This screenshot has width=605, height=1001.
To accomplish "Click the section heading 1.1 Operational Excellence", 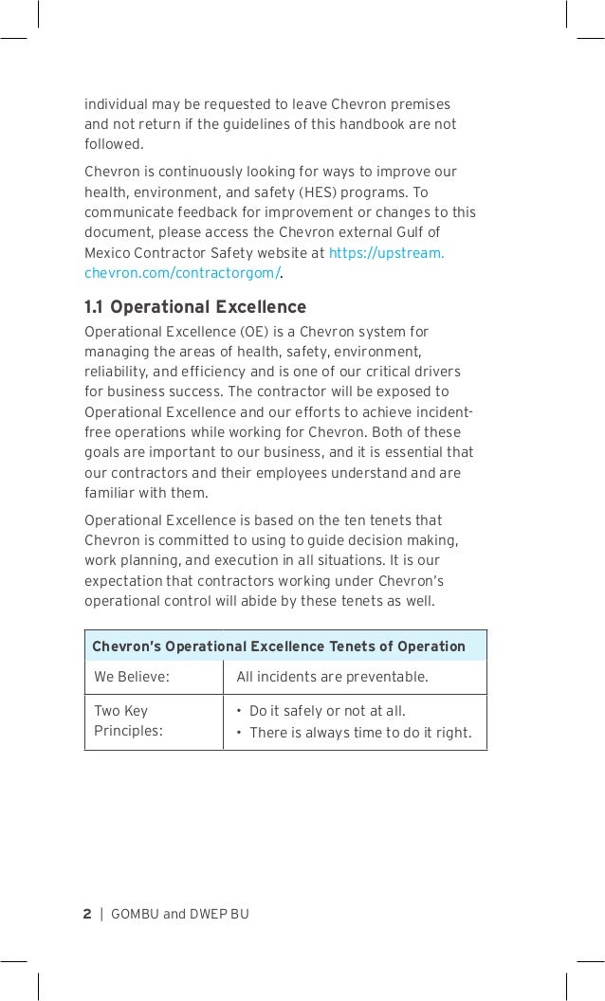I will [x=195, y=307].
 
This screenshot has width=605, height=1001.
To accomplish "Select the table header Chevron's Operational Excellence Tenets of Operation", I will [x=279, y=646].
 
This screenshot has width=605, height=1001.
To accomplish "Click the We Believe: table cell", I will [x=132, y=678].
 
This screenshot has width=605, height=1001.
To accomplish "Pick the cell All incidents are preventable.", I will [x=332, y=678].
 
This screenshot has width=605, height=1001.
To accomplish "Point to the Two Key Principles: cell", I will [x=128, y=720].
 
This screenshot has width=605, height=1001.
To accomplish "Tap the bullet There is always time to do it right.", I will [x=360, y=732].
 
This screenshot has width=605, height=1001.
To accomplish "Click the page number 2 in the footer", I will [x=87, y=914].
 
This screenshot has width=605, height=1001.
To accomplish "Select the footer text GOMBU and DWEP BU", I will [x=179, y=914].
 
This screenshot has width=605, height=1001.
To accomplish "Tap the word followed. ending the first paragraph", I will [x=115, y=145].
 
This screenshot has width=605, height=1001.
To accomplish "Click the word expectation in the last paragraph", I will [x=121, y=581].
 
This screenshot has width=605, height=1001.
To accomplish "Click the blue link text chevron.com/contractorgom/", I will [x=182, y=274].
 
